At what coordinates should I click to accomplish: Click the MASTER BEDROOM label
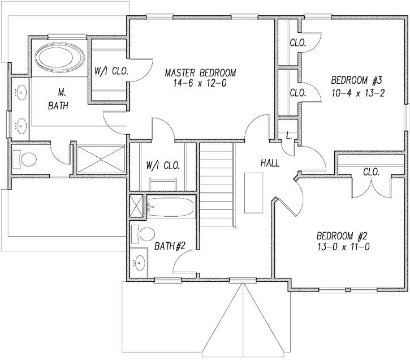pos(200,73)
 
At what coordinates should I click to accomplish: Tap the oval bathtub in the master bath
pos(59,59)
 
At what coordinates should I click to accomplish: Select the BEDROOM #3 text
pos(357,80)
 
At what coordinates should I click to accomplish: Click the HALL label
pos(270,163)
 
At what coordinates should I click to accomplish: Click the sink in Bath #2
pos(139,263)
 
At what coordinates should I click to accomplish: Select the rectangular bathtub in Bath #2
pos(171,207)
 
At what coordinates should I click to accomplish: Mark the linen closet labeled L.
pos(288,136)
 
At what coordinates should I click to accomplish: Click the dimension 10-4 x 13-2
pos(357,93)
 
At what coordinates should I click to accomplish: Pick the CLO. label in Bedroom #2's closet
pos(371,172)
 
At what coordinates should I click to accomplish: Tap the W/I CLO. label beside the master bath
pos(111,72)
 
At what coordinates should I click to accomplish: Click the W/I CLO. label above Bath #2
pos(163,166)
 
